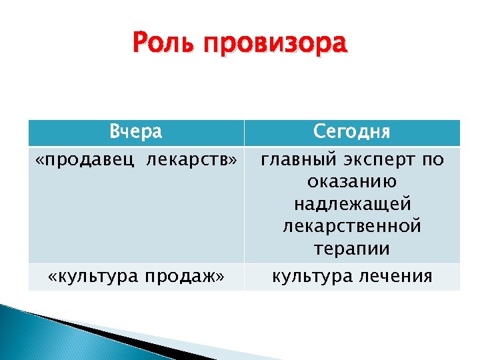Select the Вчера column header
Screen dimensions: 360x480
(136, 132)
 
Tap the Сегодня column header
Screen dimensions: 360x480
(351, 132)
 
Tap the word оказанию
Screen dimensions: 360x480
(353, 181)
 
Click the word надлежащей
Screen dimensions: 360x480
(352, 203)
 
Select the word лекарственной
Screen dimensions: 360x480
(352, 225)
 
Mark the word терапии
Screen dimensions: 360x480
(352, 248)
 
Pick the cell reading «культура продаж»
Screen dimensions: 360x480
(136, 277)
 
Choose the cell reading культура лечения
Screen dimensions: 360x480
(352, 277)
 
